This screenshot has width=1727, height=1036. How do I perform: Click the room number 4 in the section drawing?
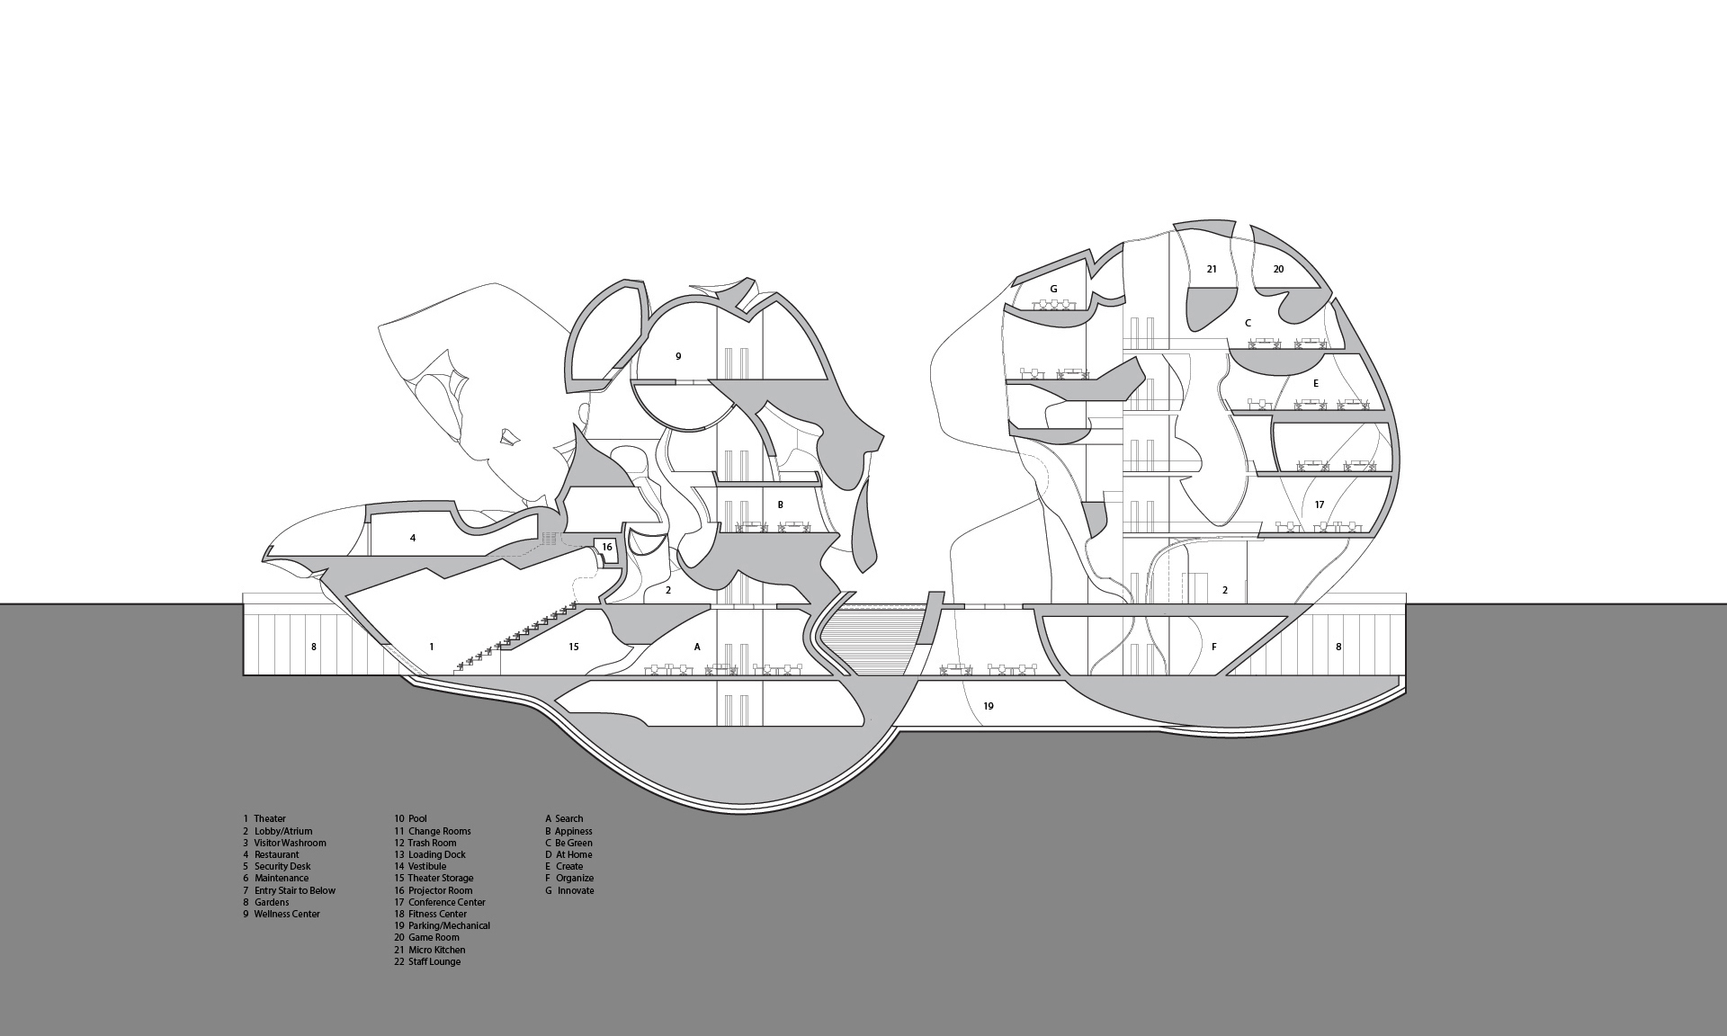pos(413,539)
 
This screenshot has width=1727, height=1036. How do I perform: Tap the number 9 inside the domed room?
pos(678,356)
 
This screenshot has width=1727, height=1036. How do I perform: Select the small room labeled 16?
pos(607,547)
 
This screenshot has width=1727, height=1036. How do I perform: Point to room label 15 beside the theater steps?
pos(574,647)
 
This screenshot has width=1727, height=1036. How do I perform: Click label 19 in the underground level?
pos(989,706)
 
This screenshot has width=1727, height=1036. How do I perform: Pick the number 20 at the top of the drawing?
pos(1278,269)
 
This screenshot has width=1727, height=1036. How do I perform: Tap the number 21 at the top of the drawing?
pos(1212,269)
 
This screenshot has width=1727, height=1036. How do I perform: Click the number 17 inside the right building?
pos(1320,505)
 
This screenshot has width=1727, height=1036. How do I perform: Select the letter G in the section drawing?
pos(1053,290)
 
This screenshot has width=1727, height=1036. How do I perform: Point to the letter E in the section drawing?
pos(1316,383)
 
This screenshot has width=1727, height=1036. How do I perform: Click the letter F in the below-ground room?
pos(1214,647)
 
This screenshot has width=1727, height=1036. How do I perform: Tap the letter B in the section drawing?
pos(781,505)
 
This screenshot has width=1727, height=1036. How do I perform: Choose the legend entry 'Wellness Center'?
pos(286,914)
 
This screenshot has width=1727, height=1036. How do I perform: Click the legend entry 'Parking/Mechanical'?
pos(449,925)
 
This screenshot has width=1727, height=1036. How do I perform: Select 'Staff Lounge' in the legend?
pos(434,961)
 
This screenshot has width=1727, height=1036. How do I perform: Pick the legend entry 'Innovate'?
pos(576,890)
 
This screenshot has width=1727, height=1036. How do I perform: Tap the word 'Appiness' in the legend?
pos(573,831)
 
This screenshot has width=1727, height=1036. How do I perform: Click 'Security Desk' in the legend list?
pos(282,866)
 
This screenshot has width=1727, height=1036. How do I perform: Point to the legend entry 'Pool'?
pos(417,818)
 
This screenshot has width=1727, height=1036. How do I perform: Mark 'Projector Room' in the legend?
pos(440,890)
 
